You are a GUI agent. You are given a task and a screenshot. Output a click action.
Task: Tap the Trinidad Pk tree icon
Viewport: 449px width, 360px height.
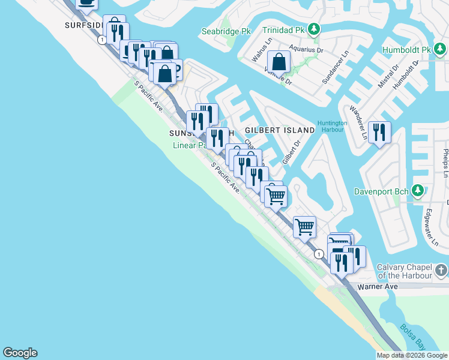(313, 29)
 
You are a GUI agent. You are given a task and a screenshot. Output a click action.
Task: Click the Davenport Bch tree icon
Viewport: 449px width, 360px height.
(418, 191)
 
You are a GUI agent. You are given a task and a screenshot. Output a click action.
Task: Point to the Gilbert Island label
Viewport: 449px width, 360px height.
(280, 130)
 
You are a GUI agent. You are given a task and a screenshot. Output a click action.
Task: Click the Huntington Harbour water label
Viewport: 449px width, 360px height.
(333, 127)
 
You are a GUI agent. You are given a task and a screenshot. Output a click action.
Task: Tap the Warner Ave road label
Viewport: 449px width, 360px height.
(378, 287)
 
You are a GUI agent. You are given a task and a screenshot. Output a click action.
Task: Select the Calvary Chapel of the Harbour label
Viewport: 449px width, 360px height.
(404, 271)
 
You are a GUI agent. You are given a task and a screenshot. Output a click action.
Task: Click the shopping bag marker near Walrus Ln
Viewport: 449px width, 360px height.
(279, 61)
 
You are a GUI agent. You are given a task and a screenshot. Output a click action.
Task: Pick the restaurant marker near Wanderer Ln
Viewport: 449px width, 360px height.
(379, 132)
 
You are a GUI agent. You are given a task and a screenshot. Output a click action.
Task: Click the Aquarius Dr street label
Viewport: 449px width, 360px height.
(306, 49)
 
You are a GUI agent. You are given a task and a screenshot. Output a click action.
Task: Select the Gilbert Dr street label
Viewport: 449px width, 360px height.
(291, 152)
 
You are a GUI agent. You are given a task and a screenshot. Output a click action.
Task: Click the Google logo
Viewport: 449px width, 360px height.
(20, 353)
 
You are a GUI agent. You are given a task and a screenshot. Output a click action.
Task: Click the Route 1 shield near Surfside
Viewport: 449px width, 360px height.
(103, 40)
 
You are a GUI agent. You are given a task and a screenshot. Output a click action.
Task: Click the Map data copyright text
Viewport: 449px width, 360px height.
(412, 355)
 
